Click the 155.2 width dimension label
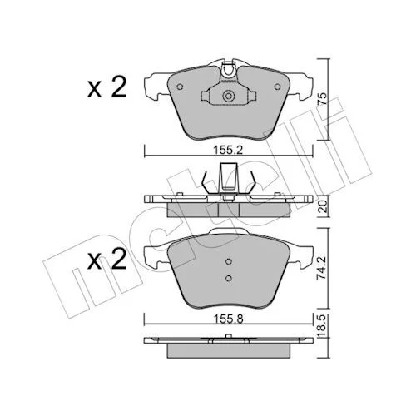[228, 151]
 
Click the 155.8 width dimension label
[229, 319]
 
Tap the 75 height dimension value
[322, 99]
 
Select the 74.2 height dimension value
[322, 268]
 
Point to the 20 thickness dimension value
[322, 206]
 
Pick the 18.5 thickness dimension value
[322, 325]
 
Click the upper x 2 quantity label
[106, 87]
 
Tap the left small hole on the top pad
[180, 87]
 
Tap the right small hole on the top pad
[277, 87]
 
